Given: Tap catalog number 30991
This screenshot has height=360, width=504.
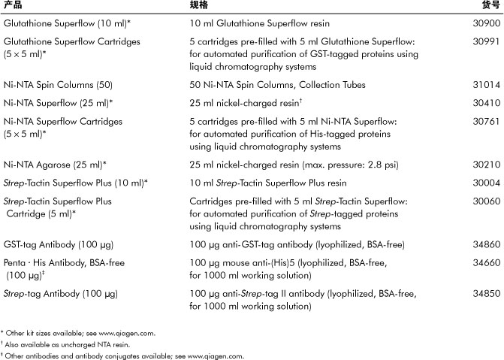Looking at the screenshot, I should (485, 41).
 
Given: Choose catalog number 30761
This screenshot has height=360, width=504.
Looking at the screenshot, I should (485, 121).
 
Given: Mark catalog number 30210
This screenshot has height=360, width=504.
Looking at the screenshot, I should (485, 163).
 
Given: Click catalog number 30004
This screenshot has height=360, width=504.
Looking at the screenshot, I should (485, 183).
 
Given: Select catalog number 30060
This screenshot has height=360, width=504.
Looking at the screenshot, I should (485, 201).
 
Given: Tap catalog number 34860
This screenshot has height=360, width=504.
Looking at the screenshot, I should (485, 245).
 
